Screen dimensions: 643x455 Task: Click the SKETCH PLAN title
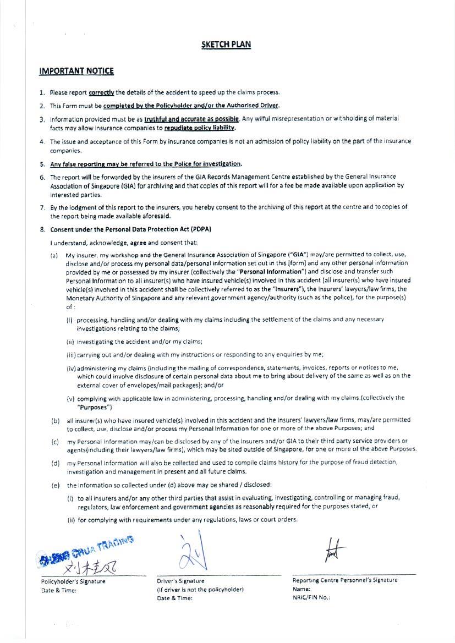click(x=226, y=45)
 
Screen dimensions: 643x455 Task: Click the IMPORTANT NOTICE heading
click(x=76, y=71)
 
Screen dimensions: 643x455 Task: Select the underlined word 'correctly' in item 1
click(x=101, y=92)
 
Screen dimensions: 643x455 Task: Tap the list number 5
click(x=42, y=164)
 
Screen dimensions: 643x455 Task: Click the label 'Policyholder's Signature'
click(x=73, y=581)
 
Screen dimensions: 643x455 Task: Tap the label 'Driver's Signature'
click(x=180, y=581)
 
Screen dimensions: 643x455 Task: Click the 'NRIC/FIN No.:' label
click(x=311, y=597)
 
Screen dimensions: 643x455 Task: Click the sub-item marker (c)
click(x=55, y=442)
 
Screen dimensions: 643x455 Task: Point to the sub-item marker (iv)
click(x=71, y=368)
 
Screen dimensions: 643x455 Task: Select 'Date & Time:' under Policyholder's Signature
click(x=59, y=590)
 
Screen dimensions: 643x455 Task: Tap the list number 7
click(x=42, y=207)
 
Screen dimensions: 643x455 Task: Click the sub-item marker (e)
click(x=55, y=485)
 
